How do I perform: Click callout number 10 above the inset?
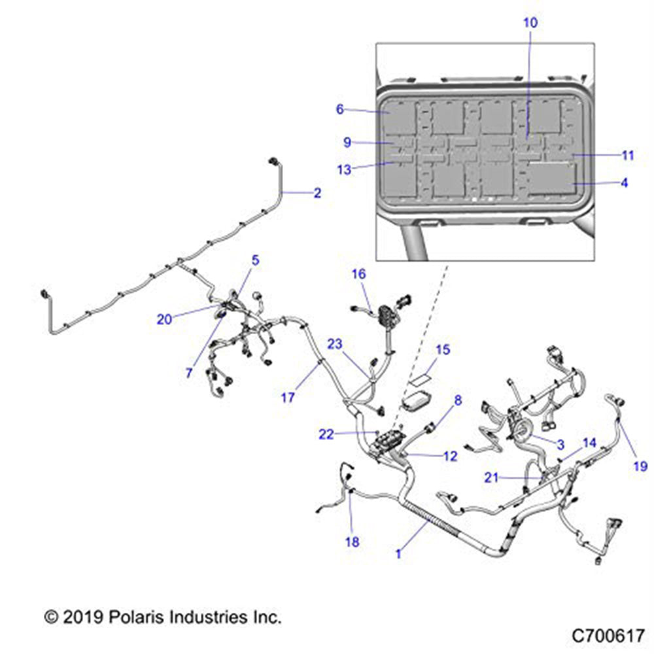[530, 22]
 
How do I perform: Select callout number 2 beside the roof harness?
[317, 193]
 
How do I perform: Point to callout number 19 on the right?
[640, 466]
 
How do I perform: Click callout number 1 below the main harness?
[398, 553]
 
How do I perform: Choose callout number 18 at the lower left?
[352, 542]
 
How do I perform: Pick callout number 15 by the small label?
[443, 350]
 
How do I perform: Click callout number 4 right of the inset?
[624, 184]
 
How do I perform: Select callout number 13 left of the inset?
[344, 169]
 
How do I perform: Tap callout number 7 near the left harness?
[189, 373]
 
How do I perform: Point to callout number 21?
[492, 477]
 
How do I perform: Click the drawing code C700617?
[608, 635]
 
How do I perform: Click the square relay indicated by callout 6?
[398, 117]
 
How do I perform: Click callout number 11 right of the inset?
[628, 156]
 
